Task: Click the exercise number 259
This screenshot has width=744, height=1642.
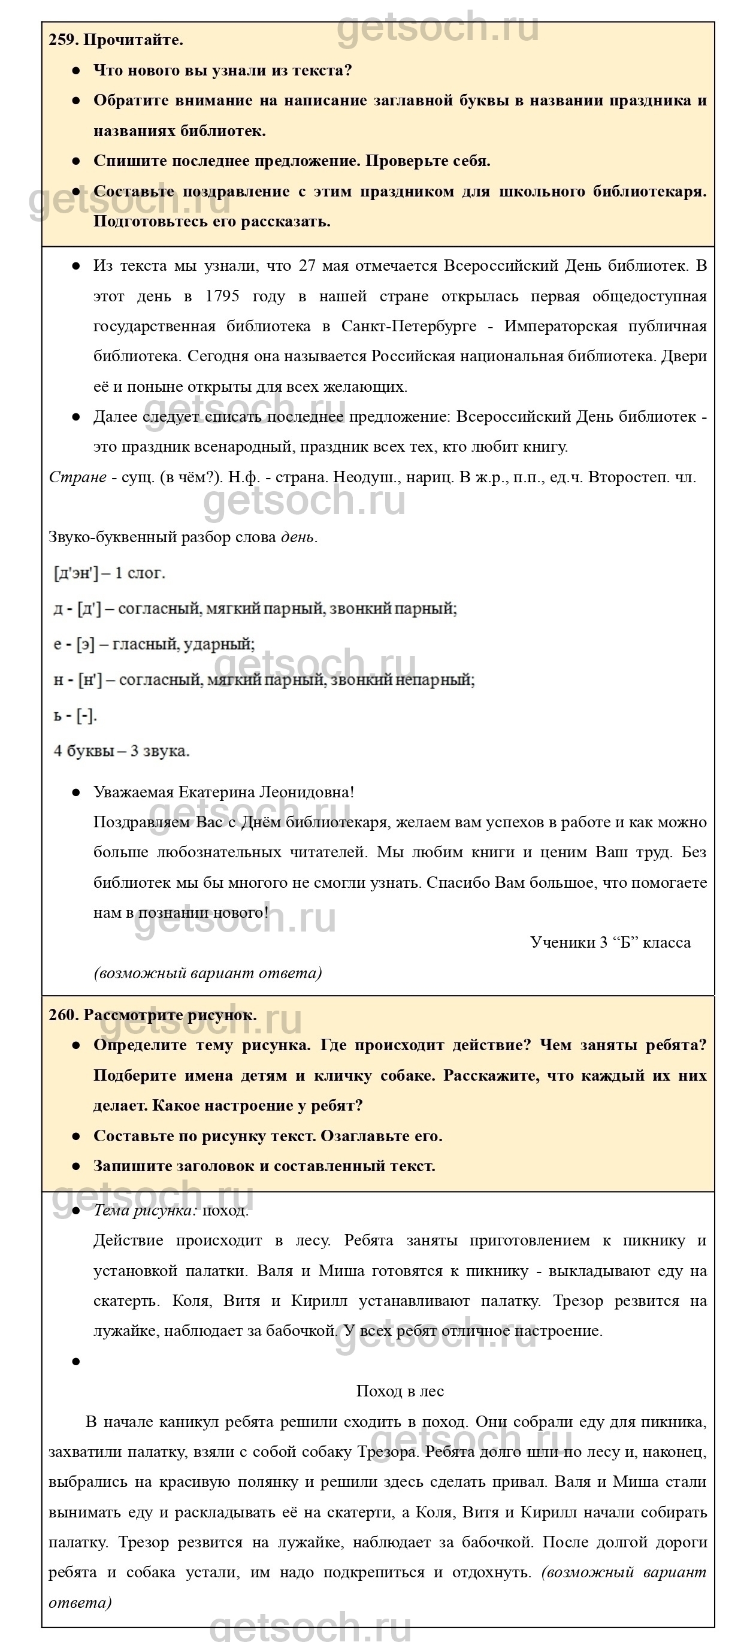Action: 63,40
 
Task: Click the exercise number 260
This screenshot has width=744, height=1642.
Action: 63,1015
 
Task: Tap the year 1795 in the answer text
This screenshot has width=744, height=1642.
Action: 222,297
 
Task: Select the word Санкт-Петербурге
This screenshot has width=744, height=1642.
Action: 409,326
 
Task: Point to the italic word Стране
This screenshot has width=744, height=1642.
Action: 77,477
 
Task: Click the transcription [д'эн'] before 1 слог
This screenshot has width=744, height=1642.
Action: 76,573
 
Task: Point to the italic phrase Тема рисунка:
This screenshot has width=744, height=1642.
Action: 146,1211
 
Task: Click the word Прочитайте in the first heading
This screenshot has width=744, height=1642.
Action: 133,40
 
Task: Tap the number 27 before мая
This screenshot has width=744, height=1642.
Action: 307,266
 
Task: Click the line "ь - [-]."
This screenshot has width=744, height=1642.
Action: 75,715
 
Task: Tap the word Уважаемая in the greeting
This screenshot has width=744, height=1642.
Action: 133,793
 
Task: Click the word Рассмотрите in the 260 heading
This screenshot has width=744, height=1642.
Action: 133,1015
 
